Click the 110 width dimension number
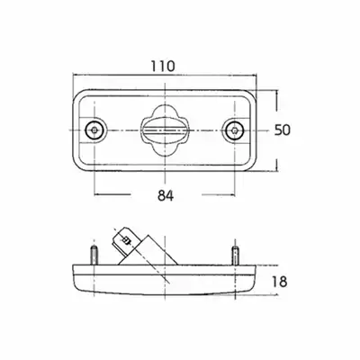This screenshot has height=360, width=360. coord(162,66)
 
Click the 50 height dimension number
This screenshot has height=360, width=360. coord(283,130)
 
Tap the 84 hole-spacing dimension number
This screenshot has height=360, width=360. coord(166,196)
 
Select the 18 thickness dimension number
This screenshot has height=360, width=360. coord(279,282)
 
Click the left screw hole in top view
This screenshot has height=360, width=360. coord(94,130)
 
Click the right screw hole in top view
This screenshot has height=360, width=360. coord(235,130)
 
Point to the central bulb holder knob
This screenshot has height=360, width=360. coord(166,130)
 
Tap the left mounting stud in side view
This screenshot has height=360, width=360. coord(94,255)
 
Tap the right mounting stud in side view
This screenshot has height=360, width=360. coord(236,255)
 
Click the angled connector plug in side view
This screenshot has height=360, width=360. coord(144,247)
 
